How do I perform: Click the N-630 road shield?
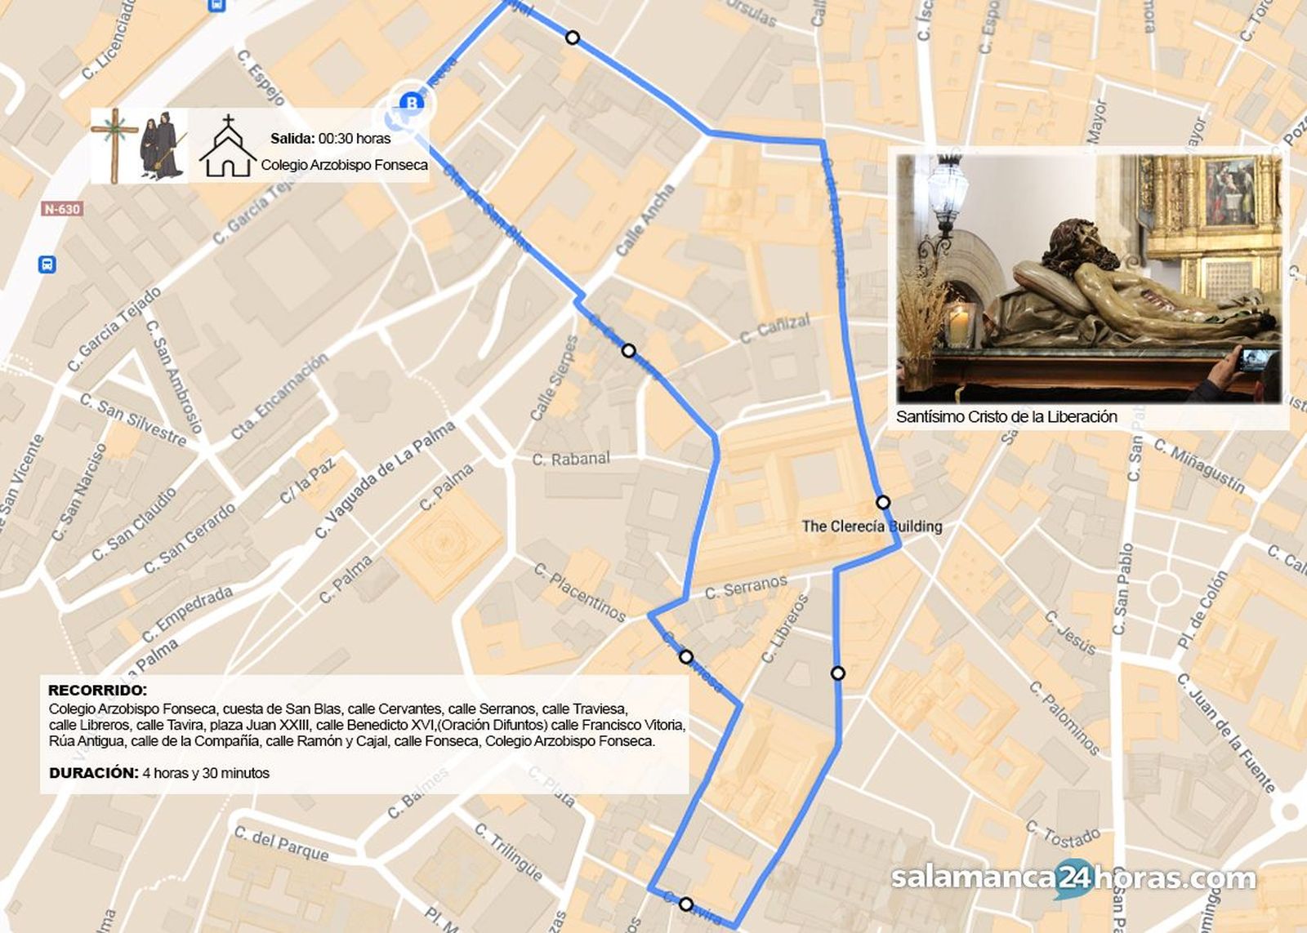(62, 209)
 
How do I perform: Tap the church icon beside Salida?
(228, 147)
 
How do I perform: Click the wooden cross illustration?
(115, 145)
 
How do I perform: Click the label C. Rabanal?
(571, 459)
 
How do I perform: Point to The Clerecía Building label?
(872, 526)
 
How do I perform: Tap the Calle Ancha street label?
(645, 220)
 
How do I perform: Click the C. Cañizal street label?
(774, 328)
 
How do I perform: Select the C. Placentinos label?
(580, 592)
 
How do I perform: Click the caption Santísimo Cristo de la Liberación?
(1006, 417)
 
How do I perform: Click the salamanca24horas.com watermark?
(1073, 878)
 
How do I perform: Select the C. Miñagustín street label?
(1199, 466)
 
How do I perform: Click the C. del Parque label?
(281, 844)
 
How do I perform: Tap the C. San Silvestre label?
(133, 420)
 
